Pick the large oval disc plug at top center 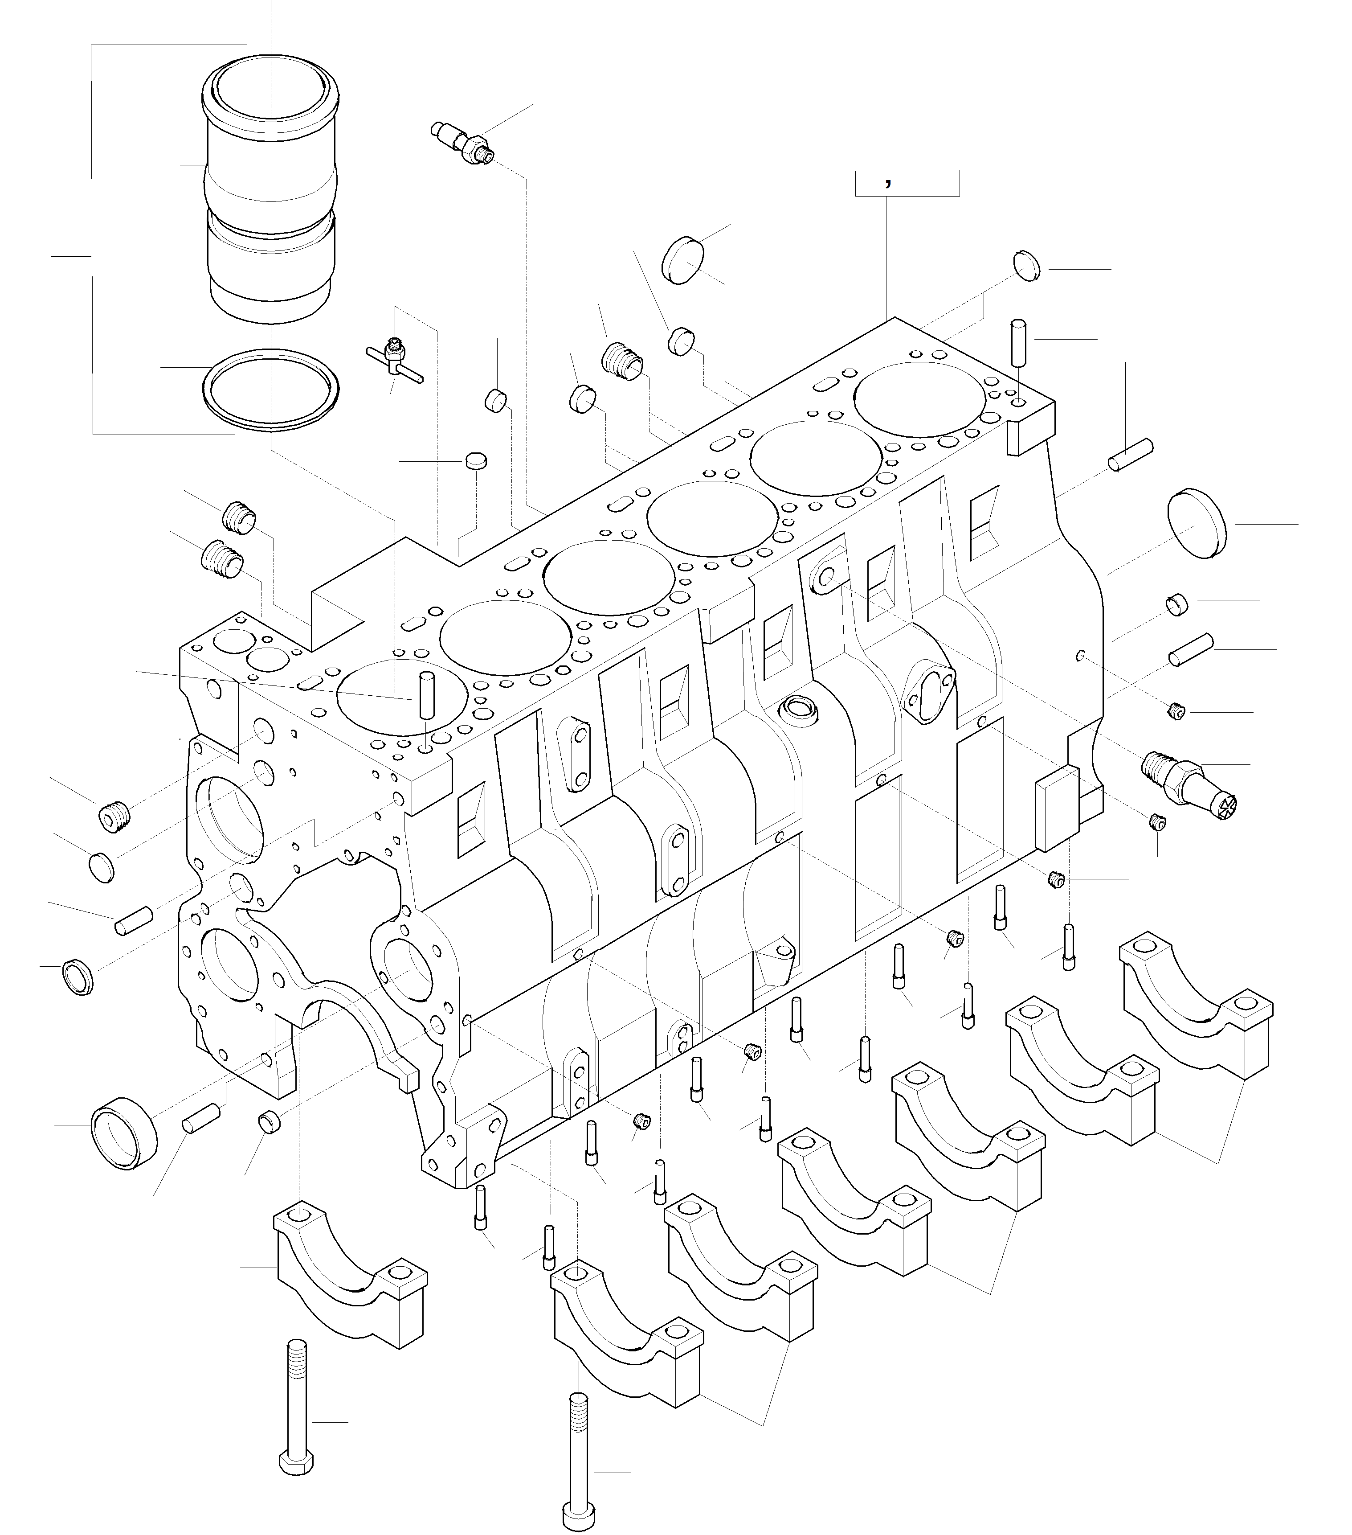pyautogui.click(x=684, y=261)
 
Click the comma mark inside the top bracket pyautogui.click(x=888, y=182)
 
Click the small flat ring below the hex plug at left pyautogui.click(x=102, y=867)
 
